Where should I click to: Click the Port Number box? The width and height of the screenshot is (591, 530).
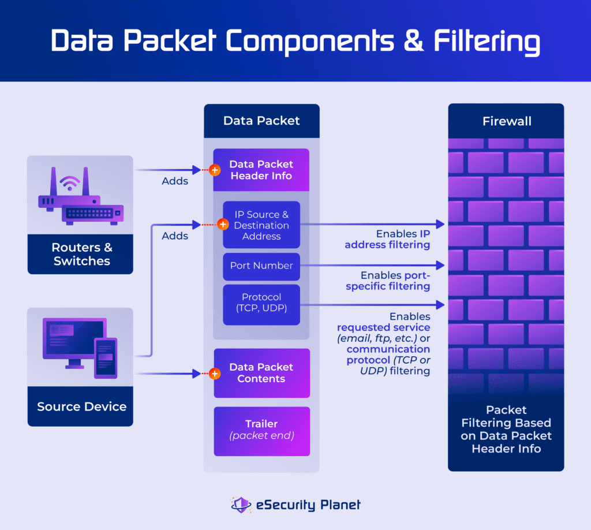point(261,266)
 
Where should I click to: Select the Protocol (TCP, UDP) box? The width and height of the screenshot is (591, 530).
point(261,303)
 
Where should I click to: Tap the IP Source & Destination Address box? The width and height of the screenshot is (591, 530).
point(261,225)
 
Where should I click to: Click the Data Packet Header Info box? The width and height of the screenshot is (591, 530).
point(261,170)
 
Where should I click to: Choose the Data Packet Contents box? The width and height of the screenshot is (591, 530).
point(261,373)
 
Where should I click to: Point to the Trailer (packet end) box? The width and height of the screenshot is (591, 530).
point(261,430)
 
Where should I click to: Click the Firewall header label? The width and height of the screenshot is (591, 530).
point(506,121)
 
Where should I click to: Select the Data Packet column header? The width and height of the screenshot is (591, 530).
point(261,121)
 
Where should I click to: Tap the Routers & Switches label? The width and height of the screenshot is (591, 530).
point(81,254)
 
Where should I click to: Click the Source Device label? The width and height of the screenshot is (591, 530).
point(81,406)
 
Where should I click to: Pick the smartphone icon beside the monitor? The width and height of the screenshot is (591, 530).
point(106,357)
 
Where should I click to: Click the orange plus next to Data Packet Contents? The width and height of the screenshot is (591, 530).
point(215,374)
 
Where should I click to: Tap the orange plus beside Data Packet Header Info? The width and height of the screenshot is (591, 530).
point(215,170)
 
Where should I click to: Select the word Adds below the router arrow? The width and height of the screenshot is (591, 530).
point(175,181)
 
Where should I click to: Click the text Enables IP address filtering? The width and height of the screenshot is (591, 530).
point(388,240)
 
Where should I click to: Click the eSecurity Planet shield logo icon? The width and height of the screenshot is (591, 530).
point(241,505)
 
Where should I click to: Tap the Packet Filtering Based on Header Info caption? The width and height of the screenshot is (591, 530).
point(506,429)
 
